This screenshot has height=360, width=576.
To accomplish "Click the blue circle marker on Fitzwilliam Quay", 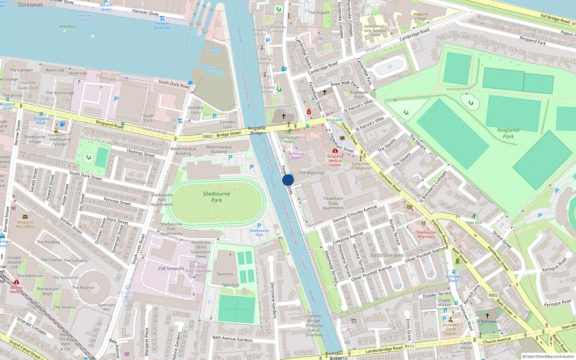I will [288, 180].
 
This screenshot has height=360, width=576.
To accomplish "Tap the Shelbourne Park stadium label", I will [216, 197].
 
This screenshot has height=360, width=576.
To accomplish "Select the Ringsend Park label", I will [508, 133].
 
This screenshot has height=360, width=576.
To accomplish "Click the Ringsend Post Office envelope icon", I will [25, 217].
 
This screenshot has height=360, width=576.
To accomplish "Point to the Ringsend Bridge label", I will [257, 130].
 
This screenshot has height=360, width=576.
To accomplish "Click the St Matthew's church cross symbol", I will [487, 315].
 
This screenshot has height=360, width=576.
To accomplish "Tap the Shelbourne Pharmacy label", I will [426, 234].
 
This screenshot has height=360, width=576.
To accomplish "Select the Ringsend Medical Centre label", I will [335, 161].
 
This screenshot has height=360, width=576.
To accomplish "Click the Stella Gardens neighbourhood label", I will [387, 255].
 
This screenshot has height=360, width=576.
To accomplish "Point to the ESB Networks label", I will [171, 269].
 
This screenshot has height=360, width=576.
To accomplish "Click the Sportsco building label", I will [225, 274].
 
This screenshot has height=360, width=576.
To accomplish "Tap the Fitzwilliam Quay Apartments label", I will [333, 203].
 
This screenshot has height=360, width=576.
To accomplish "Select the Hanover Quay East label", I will [162, 26].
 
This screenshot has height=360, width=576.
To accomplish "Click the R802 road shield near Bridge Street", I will [208, 136].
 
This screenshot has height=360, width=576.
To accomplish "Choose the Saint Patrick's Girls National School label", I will [375, 31].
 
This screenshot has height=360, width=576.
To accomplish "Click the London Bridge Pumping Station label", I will [314, 325].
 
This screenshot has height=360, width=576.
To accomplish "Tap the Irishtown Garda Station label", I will [451, 329].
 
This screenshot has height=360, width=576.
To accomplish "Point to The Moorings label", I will [312, 173].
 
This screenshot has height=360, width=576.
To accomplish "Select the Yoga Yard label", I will [474, 222].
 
